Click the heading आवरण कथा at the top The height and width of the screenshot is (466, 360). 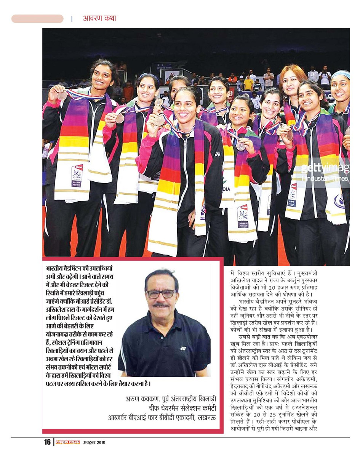(x=99, y=18)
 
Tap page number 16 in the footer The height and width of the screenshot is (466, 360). (x=47, y=442)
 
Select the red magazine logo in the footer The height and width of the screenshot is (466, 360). (x=68, y=442)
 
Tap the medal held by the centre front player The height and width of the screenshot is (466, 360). (x=159, y=120)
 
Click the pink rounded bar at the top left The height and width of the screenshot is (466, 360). (x=37, y=19)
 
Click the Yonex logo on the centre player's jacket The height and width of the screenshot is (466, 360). (x=217, y=155)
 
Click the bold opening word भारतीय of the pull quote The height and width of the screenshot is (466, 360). (x=54, y=268)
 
